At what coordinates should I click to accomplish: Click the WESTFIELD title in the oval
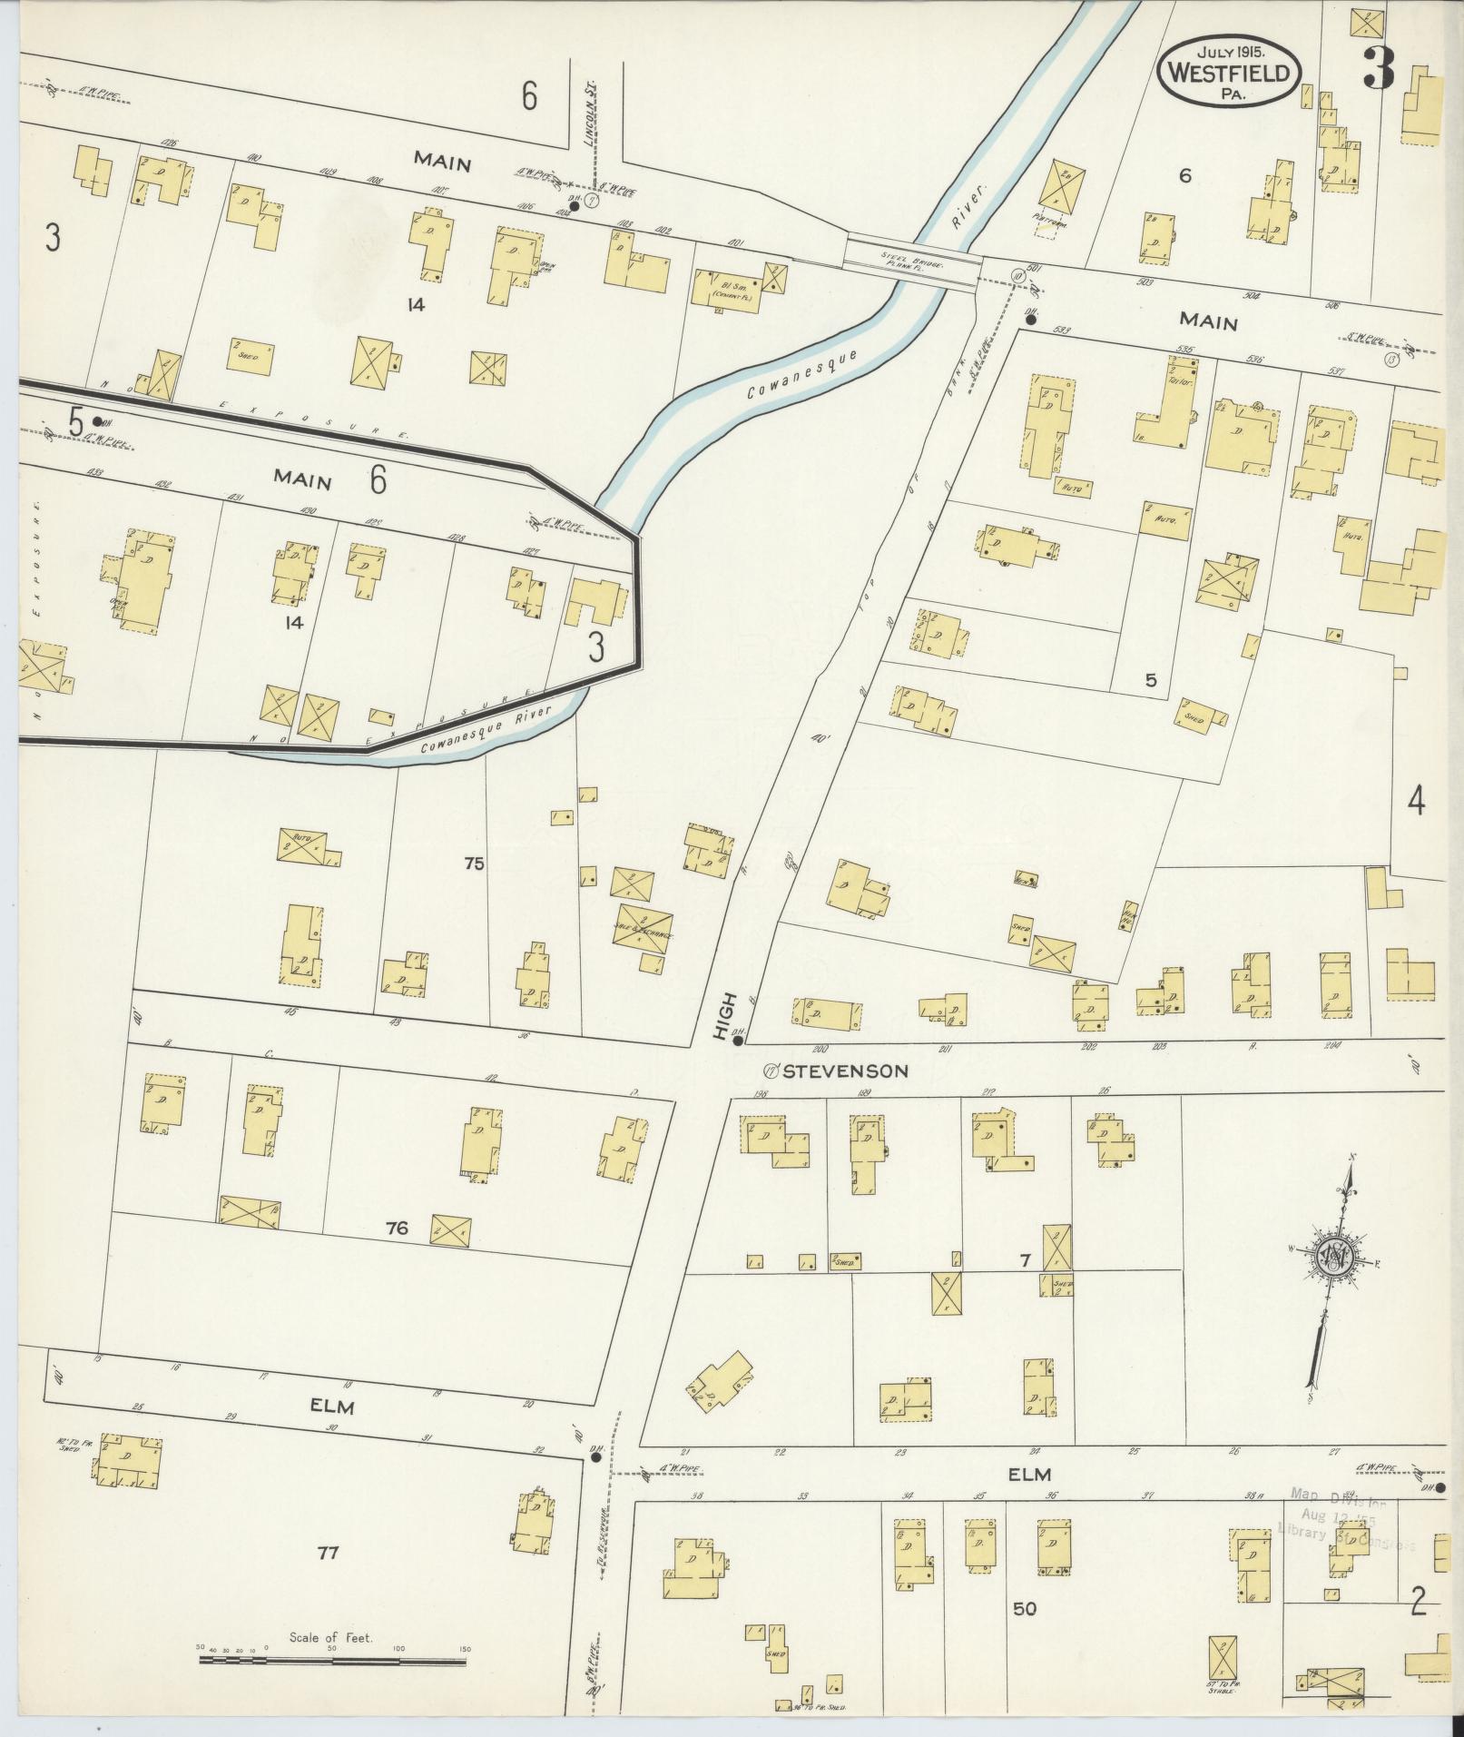click(1229, 73)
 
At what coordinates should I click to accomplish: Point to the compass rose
click(1339, 1259)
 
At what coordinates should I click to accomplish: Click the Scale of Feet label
click(332, 1638)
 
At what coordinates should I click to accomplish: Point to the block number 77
click(328, 1554)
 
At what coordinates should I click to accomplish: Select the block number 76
click(397, 1229)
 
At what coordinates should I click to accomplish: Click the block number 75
click(474, 864)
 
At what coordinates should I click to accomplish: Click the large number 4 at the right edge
click(1415, 801)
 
